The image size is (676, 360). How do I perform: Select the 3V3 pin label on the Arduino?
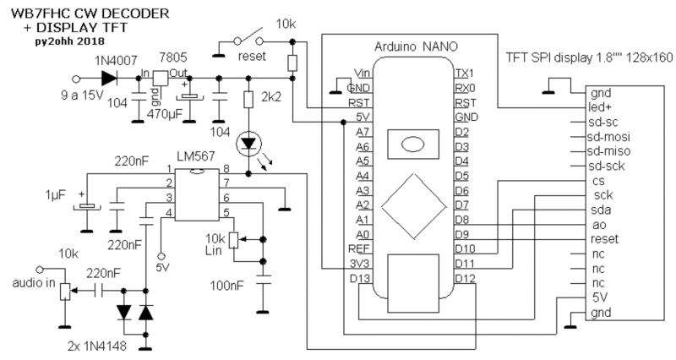[358, 264]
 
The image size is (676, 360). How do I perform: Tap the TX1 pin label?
[464, 73]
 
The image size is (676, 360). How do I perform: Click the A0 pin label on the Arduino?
[361, 234]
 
